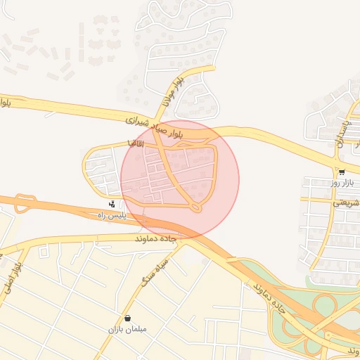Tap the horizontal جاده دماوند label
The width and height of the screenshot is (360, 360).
click(x=159, y=239)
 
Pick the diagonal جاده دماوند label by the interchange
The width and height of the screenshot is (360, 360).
click(x=269, y=295)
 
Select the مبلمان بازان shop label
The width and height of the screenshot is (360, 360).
click(x=127, y=329)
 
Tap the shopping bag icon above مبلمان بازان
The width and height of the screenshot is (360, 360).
click(x=127, y=318)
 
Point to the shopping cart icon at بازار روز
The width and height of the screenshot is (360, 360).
click(x=341, y=172)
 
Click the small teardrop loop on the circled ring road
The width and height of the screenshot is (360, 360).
click(x=196, y=207)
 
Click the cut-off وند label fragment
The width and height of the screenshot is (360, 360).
click(x=352, y=349)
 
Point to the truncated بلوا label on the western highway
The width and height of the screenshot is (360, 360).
click(x=5, y=102)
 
